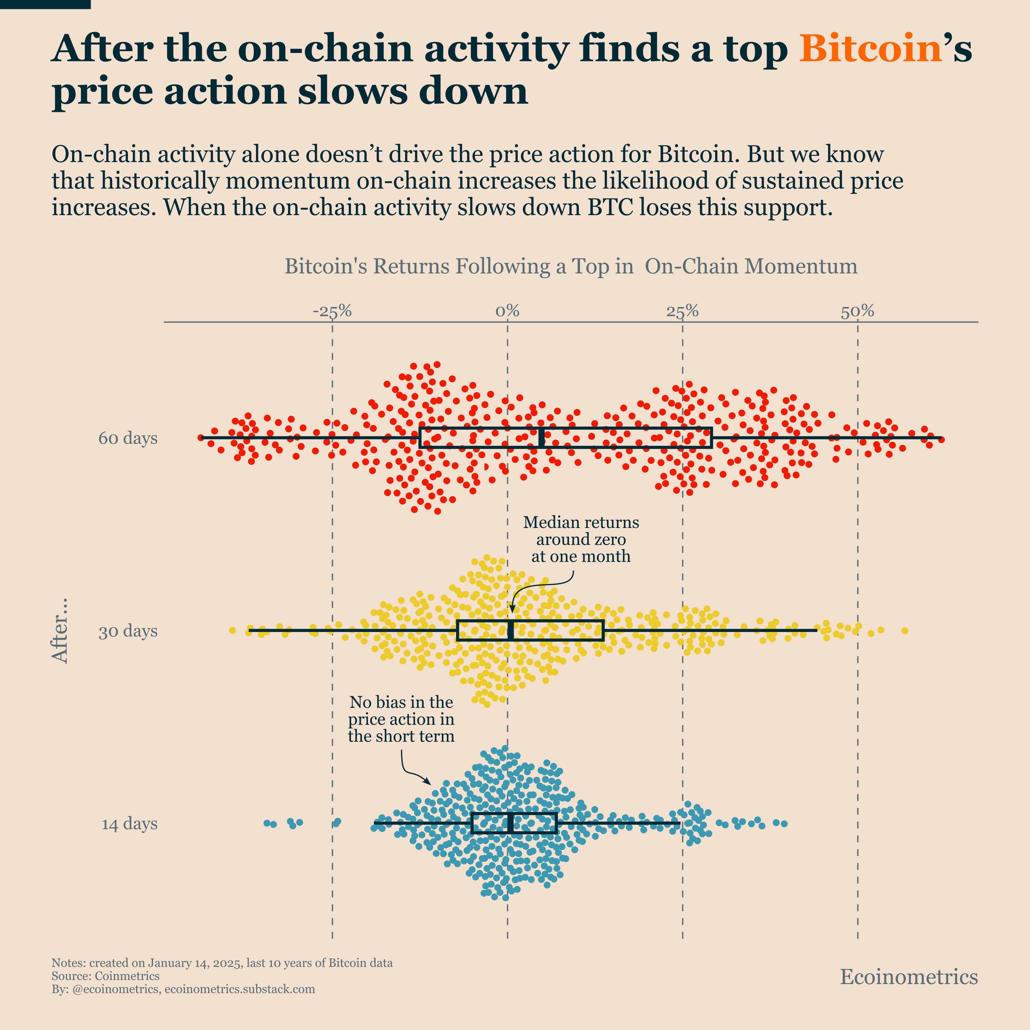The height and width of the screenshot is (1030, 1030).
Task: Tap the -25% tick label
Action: (332, 311)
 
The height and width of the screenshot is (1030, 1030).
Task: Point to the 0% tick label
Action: (507, 311)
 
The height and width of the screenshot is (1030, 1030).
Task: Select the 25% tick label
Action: (682, 311)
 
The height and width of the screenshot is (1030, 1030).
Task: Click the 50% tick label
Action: (857, 311)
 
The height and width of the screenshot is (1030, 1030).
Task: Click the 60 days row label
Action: (128, 438)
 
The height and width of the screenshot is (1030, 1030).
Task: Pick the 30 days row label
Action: (128, 631)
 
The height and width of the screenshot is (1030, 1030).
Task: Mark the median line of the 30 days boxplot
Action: (510, 631)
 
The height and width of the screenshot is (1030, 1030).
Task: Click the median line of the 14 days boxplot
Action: (510, 823)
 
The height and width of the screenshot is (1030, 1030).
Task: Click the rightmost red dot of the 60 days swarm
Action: (942, 439)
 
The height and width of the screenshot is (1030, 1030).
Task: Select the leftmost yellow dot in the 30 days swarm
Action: (232, 630)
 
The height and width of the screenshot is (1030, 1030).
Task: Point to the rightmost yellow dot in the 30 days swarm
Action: (905, 631)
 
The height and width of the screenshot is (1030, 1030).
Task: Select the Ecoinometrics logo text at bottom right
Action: (908, 977)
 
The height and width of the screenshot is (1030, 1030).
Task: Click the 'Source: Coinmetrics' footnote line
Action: (106, 976)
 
